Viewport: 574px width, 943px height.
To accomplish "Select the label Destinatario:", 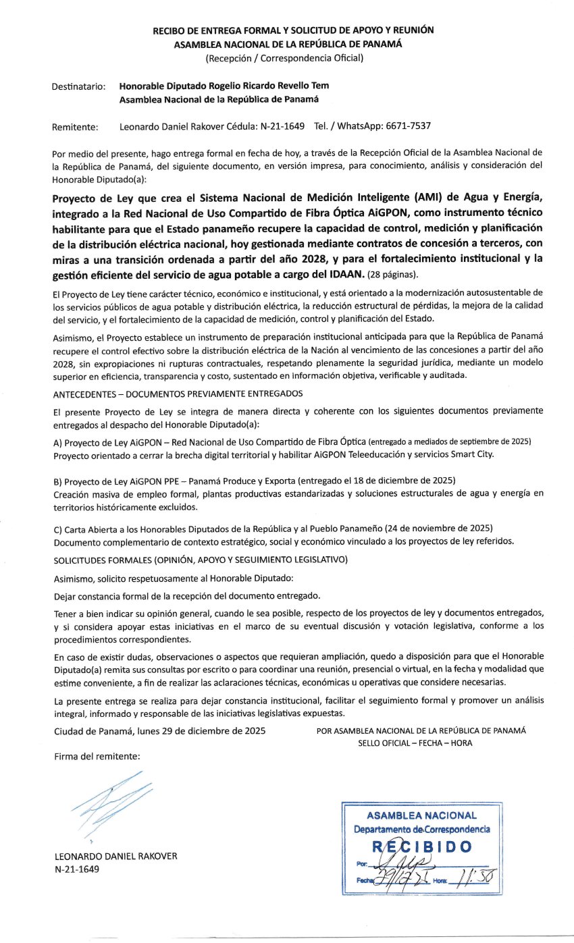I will pos(78,86).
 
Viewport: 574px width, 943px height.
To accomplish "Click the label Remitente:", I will pos(74,126).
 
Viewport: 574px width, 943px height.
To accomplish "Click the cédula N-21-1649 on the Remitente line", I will pos(276,126).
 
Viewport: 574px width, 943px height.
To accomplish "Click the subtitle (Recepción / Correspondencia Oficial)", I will pos(284,58).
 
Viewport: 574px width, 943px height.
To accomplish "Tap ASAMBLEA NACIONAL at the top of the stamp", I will pos(421,815).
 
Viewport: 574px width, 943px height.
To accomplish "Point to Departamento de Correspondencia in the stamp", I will pos(422,830).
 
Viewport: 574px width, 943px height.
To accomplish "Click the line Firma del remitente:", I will pos(97,757).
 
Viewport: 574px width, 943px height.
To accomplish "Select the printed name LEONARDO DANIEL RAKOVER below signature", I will pos(115,857).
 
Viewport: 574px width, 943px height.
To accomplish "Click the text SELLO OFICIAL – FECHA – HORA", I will pos(415,743).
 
